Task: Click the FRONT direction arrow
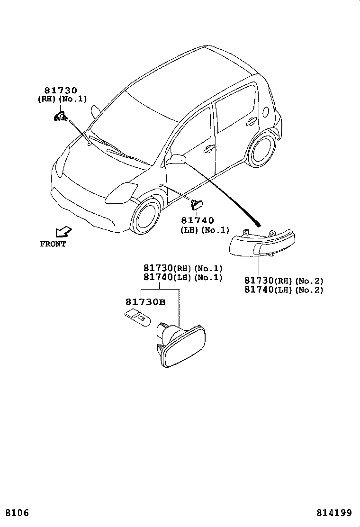point(63,231)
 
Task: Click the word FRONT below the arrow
point(53,245)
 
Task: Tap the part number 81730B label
point(145,302)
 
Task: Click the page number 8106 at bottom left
point(18,513)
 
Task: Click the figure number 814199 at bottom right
point(334,513)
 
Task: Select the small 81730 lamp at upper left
point(60,116)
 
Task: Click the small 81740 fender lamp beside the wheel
point(196,204)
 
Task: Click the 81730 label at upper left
point(61,91)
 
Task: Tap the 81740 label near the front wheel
point(197,220)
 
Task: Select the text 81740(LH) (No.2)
point(284,290)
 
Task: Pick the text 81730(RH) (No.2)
point(284,281)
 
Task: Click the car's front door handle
point(207,149)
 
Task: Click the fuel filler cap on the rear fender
point(266,112)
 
